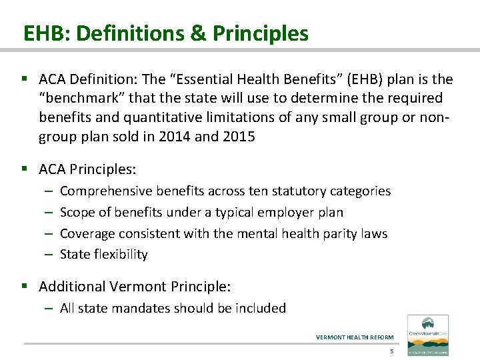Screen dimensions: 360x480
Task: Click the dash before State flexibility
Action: pos(49,254)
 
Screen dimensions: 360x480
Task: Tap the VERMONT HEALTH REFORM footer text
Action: pos(355,337)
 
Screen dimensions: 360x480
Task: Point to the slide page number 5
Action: pos(392,351)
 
